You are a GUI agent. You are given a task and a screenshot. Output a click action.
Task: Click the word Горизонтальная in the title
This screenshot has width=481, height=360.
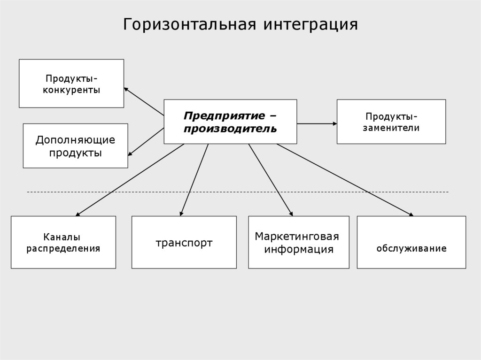coord(190,24)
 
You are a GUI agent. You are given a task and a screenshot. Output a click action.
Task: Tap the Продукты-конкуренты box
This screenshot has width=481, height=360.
coord(71,84)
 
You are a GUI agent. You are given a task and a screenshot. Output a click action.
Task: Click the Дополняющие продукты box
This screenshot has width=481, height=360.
coord(75,146)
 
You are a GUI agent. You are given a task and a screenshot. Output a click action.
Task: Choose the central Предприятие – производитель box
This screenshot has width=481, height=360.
coord(230,122)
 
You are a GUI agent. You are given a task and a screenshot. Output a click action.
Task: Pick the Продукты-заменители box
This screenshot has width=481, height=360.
coord(391,122)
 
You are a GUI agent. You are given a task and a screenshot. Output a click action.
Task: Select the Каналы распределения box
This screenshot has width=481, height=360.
coord(63,242)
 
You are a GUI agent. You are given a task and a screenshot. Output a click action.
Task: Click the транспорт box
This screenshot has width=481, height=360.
coord(184,242)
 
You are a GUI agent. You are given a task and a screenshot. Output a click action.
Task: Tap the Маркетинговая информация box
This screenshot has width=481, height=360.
coord(298,242)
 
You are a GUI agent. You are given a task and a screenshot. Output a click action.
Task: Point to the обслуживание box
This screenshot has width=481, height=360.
coord(411,242)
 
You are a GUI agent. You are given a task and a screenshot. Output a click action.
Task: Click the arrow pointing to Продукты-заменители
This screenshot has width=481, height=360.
coord(317,123)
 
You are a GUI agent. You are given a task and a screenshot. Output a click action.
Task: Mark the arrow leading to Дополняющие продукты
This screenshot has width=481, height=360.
coord(146,141)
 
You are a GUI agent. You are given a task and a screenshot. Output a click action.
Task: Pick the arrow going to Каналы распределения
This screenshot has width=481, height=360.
coord(129,180)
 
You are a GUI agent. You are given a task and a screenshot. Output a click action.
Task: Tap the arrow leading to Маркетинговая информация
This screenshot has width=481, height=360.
coord(271,180)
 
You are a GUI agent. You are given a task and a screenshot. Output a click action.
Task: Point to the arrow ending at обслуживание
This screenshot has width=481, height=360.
coord(345,180)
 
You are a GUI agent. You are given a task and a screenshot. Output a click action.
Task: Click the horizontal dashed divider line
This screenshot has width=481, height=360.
coord(235,192)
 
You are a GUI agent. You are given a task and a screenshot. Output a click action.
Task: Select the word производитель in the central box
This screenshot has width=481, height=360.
coord(230,128)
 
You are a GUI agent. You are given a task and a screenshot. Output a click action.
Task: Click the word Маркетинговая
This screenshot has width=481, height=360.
coord(297,236)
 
